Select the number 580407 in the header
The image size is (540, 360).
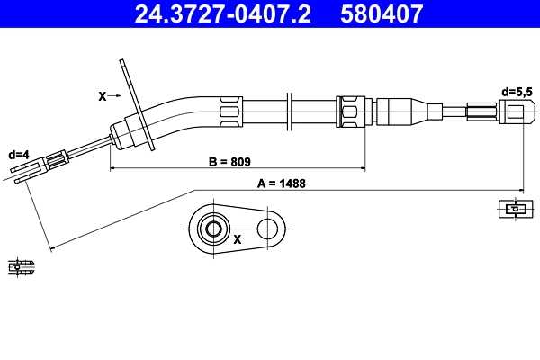(x=382, y=13)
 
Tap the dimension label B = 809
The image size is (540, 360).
(x=229, y=162)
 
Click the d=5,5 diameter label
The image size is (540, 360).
(x=517, y=91)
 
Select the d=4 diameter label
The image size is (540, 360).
(x=17, y=155)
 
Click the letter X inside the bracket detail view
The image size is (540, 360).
(x=238, y=240)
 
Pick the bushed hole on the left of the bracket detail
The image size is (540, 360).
(x=213, y=229)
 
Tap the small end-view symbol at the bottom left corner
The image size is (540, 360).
(x=20, y=266)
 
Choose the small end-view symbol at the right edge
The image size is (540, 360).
(x=510, y=209)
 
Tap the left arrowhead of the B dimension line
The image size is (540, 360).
(x=112, y=168)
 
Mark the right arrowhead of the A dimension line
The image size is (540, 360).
(x=520, y=190)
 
